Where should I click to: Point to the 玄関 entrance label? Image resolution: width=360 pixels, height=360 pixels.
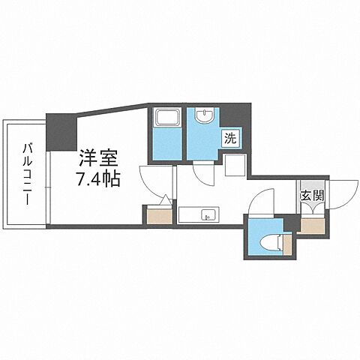[x=312, y=197]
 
